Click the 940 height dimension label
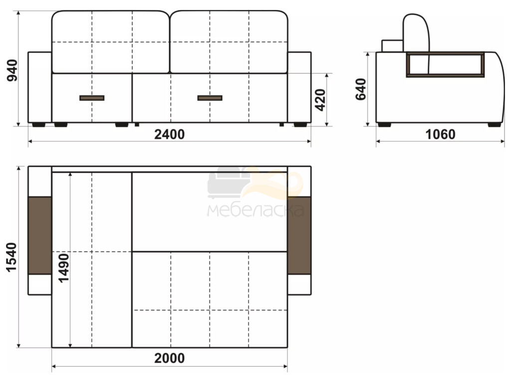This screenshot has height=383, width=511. [12, 70]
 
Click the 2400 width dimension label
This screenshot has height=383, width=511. [170, 134]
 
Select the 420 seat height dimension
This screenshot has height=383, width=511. [321, 100]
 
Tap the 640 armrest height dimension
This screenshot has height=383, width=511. [361, 89]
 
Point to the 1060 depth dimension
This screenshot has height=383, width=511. [440, 134]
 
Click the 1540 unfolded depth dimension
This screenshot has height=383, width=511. [11, 257]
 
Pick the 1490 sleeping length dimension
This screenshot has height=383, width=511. [64, 267]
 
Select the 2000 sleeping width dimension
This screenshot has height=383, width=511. [170, 358]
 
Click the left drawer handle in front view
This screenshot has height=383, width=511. [92, 98]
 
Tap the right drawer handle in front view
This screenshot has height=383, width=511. [210, 98]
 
